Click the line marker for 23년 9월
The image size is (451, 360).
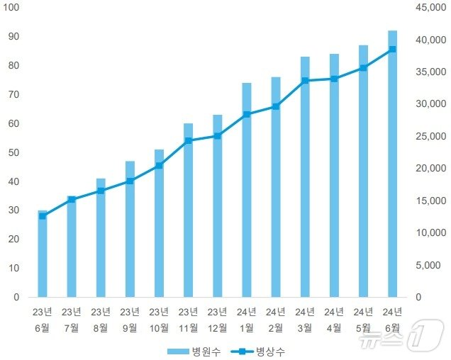tap(130, 181)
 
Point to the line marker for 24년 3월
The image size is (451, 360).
tap(305, 81)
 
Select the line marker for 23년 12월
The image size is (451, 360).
tap(218, 135)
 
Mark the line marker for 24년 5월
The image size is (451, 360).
tap(363, 68)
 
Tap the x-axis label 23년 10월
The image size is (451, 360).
tap(159, 320)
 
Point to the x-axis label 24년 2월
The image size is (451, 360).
tap(276, 320)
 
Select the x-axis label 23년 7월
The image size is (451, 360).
tap(72, 320)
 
